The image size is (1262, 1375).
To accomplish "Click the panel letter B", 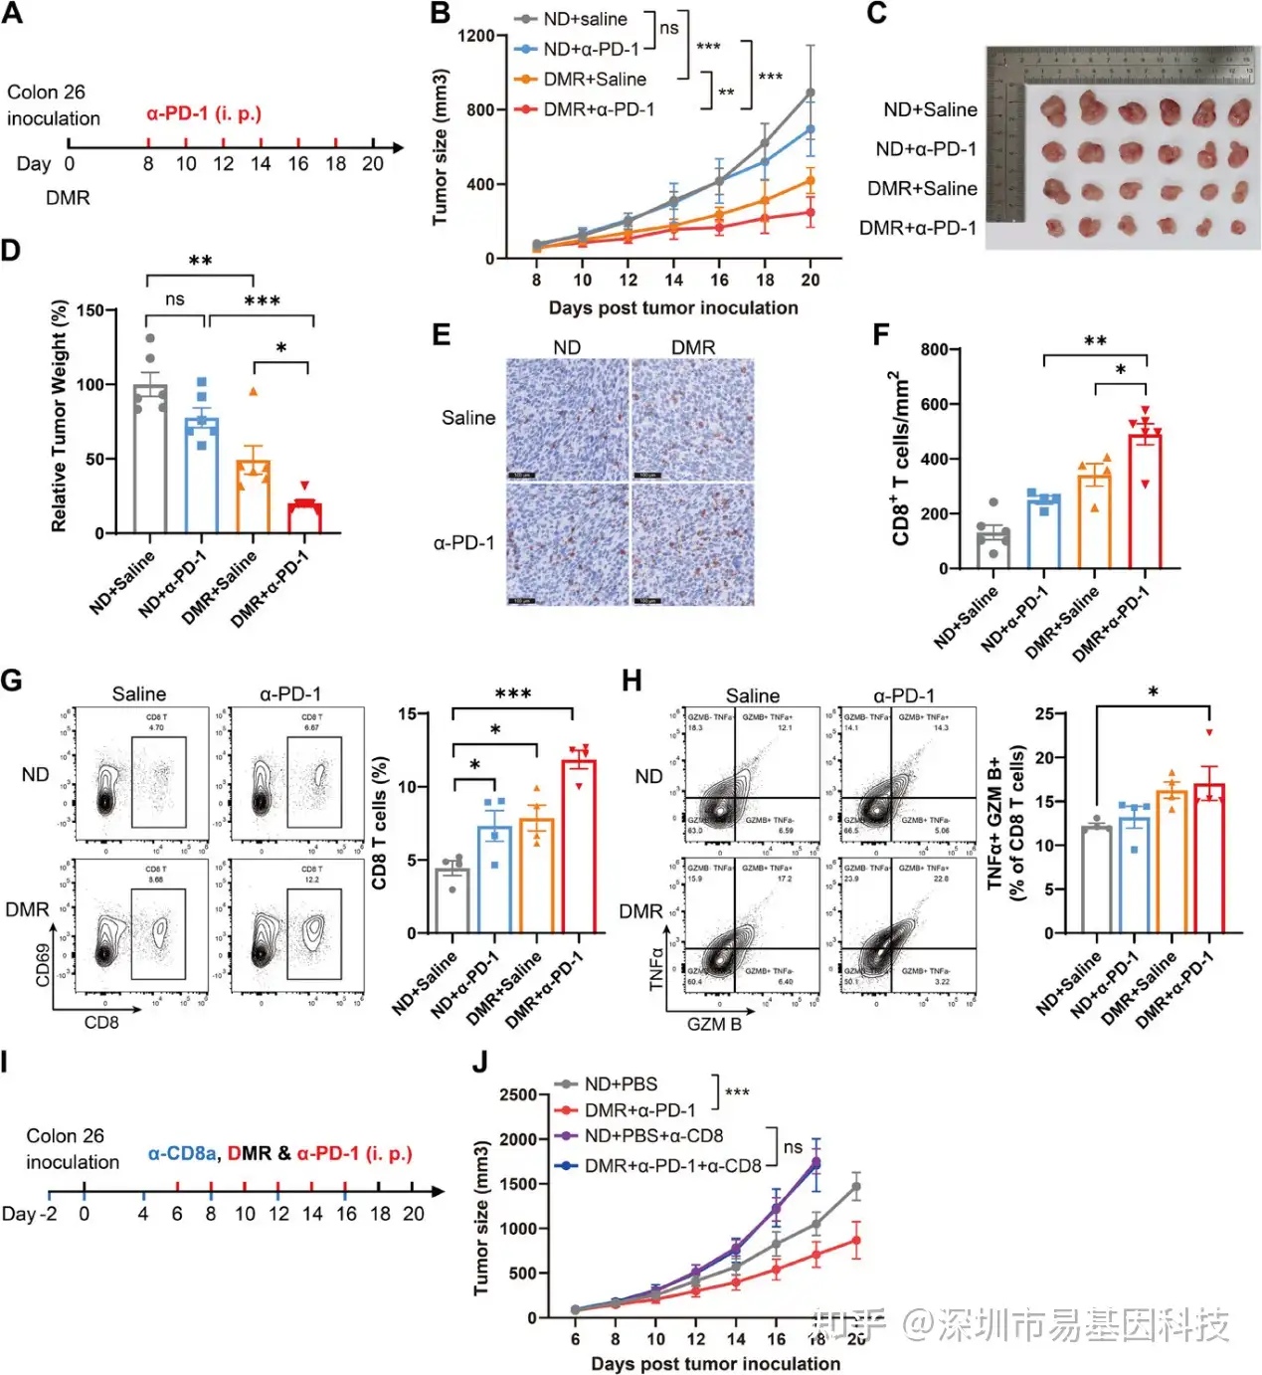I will [x=440, y=14].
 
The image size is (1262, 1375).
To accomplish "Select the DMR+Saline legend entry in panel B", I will [x=594, y=80].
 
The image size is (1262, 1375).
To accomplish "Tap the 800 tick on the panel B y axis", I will [x=475, y=109].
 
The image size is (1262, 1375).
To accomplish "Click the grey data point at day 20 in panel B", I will [x=811, y=94].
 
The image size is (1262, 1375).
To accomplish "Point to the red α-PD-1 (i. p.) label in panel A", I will [x=204, y=113].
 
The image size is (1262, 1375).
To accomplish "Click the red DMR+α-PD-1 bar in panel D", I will [x=304, y=517].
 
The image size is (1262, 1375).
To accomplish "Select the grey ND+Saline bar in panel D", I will [x=150, y=459].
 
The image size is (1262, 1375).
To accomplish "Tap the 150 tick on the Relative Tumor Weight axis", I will [x=90, y=310].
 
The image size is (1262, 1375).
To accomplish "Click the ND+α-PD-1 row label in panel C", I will [x=925, y=149].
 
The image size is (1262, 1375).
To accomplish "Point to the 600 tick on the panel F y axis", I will [x=934, y=404].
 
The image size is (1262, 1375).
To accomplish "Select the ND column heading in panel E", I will [x=567, y=347].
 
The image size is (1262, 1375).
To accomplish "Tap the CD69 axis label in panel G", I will [x=43, y=966].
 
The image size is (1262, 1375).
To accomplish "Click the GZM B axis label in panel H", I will [x=714, y=1024].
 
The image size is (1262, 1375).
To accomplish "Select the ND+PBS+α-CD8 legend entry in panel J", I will [x=653, y=1136].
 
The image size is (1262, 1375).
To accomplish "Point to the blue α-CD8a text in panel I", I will [x=182, y=1153].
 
